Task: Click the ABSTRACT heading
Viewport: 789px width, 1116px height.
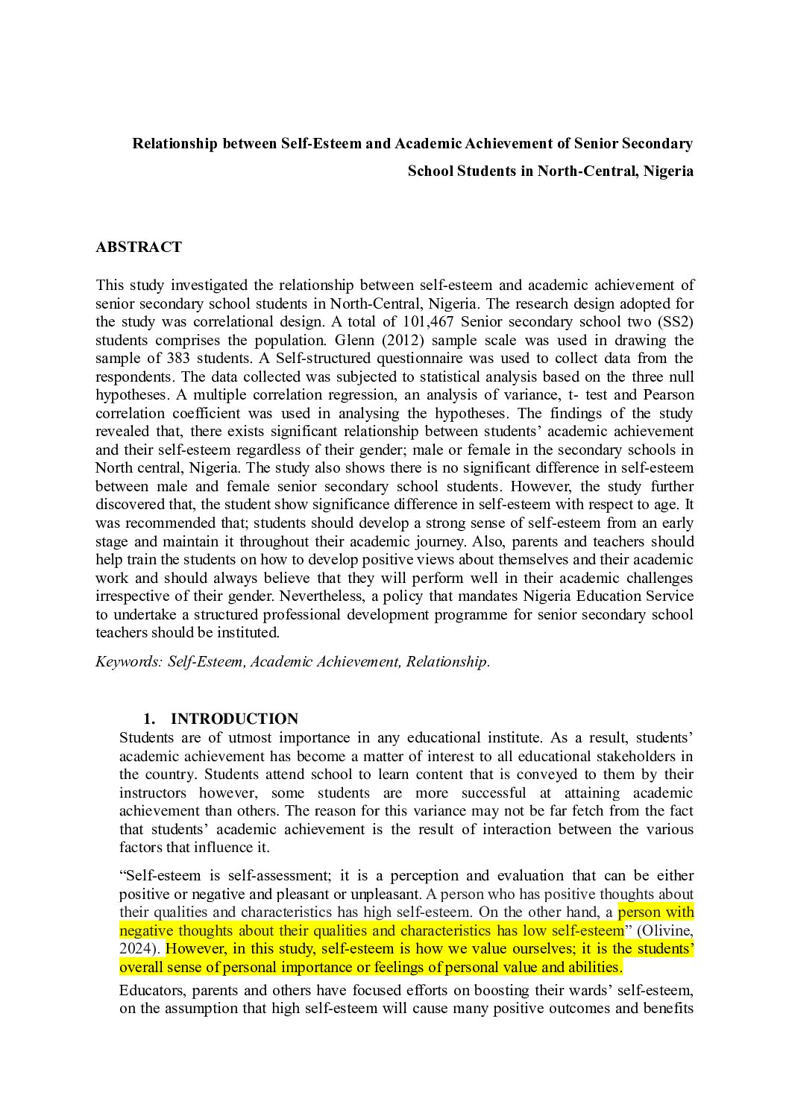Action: [x=138, y=248]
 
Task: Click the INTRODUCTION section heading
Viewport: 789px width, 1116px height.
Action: [x=234, y=719]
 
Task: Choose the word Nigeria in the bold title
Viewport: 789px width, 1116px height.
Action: [x=668, y=171]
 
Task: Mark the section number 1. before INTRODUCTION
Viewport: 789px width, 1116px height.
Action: [x=149, y=719]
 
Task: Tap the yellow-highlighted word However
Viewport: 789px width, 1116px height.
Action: [x=196, y=948]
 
